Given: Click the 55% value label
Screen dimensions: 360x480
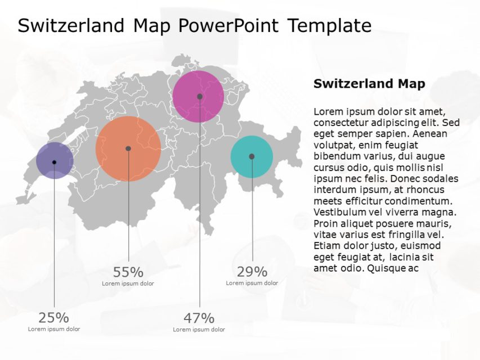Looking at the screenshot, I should (x=128, y=272).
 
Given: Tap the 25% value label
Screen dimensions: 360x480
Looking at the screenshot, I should (x=54, y=318).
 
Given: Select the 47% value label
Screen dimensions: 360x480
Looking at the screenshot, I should (x=199, y=318).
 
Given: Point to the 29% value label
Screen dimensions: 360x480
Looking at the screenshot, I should (x=252, y=272).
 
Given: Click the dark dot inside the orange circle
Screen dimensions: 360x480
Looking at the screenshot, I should (x=128, y=148).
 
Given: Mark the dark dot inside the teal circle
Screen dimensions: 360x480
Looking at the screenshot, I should (x=252, y=156).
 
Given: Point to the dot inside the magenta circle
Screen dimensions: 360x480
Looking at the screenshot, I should (x=200, y=97).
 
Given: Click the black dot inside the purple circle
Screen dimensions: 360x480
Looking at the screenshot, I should (x=55, y=162).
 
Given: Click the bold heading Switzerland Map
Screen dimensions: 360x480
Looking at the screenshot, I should (x=369, y=84).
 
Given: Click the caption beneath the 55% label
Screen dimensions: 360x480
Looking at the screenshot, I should (x=128, y=283).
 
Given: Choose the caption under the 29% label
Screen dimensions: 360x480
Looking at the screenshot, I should (x=252, y=283).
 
